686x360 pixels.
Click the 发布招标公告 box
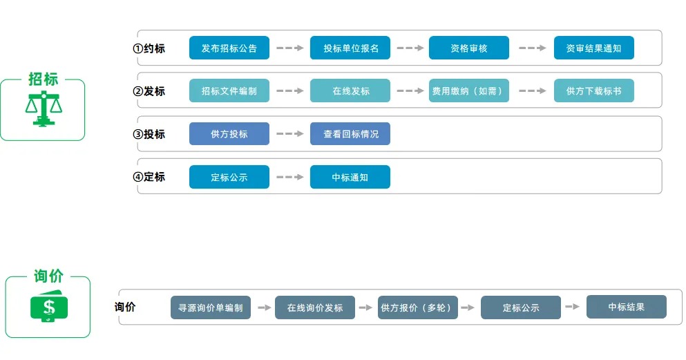[229, 48]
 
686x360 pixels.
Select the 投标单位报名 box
[350, 48]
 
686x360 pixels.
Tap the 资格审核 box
[469, 48]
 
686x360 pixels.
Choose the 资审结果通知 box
[593, 48]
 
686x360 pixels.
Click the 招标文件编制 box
[229, 91]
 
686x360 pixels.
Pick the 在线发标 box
[350, 91]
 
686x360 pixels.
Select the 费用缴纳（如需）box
[469, 91]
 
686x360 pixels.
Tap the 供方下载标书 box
[593, 91]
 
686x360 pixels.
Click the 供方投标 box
[229, 134]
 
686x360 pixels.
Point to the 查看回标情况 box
[350, 134]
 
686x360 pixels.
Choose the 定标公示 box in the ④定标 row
[229, 178]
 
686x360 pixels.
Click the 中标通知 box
[350, 178]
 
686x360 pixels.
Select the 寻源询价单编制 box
[211, 307]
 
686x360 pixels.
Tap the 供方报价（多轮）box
[418, 307]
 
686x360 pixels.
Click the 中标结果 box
[627, 307]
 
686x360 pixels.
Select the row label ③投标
[149, 134]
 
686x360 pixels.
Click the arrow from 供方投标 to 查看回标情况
[290, 134]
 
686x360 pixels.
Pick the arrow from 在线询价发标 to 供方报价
[366, 307]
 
